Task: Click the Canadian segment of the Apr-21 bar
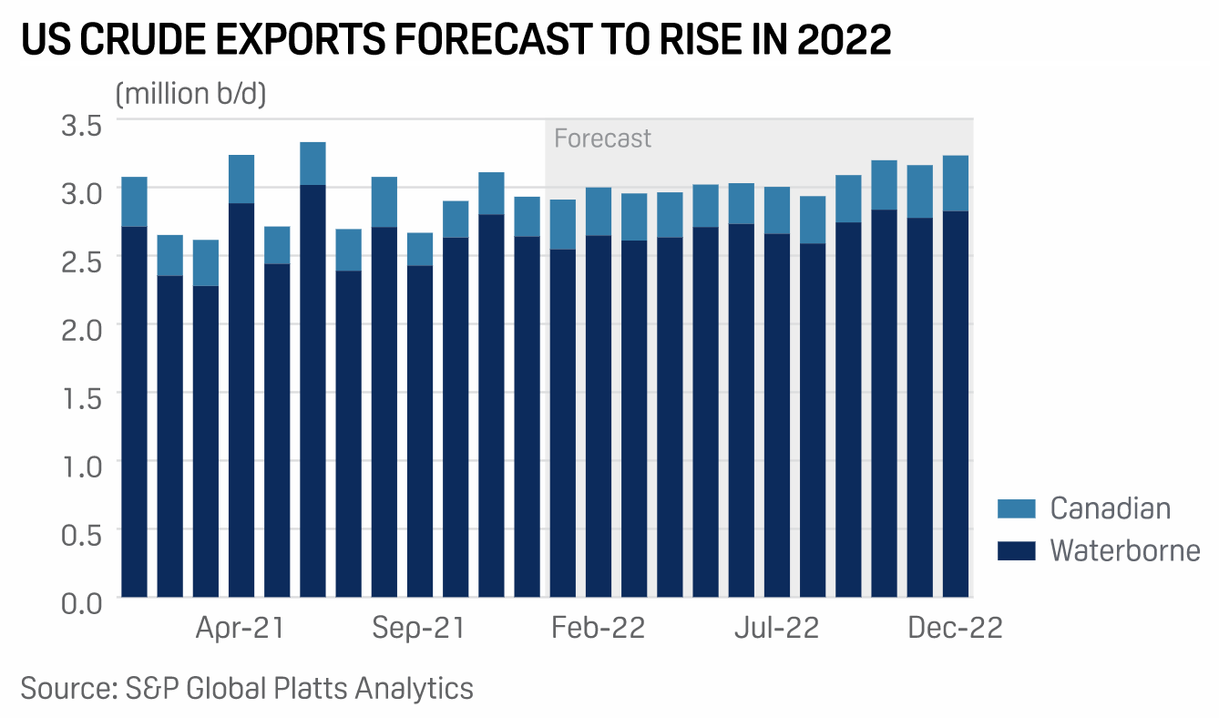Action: (241, 179)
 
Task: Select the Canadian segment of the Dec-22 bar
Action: (956, 183)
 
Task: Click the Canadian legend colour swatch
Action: (1016, 508)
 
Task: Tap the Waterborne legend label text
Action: (1124, 550)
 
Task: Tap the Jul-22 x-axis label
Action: (777, 629)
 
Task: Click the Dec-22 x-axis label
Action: (955, 629)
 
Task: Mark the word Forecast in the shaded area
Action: (602, 138)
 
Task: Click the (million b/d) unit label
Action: (190, 94)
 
